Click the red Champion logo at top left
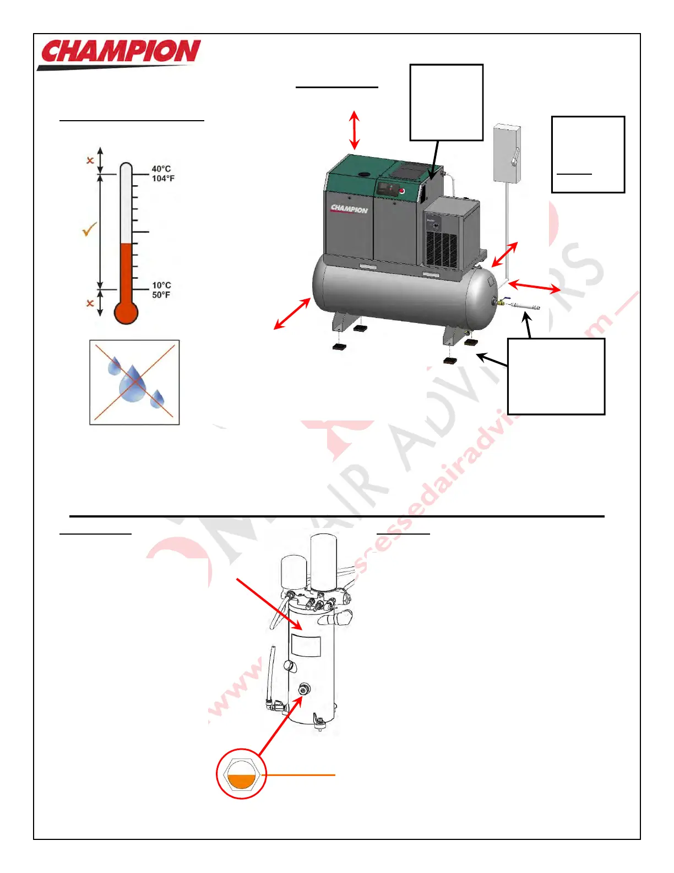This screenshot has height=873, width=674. click(x=120, y=53)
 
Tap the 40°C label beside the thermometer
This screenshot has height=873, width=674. click(x=161, y=169)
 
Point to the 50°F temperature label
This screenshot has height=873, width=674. click(x=161, y=295)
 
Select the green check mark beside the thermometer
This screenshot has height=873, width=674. click(x=89, y=229)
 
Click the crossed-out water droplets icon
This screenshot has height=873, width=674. click(x=134, y=382)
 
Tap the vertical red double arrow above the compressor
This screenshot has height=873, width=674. click(x=354, y=130)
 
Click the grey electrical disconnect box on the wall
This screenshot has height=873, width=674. click(x=507, y=154)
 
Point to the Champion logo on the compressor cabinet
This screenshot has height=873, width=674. click(x=349, y=209)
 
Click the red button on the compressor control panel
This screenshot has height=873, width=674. click(x=401, y=191)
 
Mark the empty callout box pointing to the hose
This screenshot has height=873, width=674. click(x=556, y=376)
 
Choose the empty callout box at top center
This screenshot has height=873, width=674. click(x=447, y=103)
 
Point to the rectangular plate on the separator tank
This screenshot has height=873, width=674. click(x=306, y=645)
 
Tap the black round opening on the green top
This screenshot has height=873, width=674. click(x=363, y=174)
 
